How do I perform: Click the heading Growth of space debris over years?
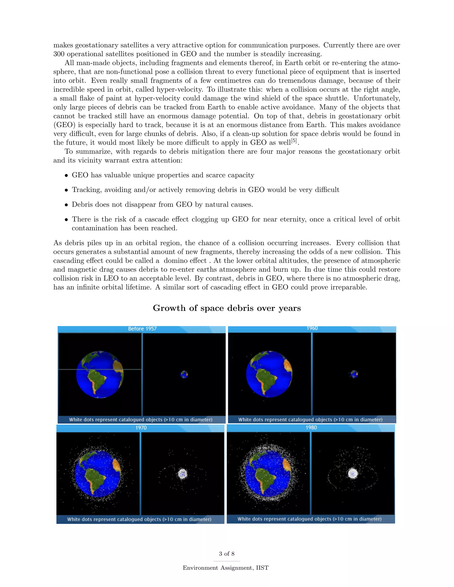pyautogui.click(x=227, y=308)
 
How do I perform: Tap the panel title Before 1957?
pyautogui.click(x=142, y=329)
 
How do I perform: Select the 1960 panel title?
pyautogui.click(x=312, y=328)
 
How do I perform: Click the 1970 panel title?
pyautogui.click(x=141, y=428)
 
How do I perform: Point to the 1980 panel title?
pyautogui.click(x=311, y=427)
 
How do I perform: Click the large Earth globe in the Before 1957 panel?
pyautogui.click(x=100, y=374)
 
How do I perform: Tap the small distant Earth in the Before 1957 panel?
pyautogui.click(x=184, y=374)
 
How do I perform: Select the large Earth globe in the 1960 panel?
pyautogui.click(x=269, y=374)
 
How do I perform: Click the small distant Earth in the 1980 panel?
pyautogui.click(x=353, y=473)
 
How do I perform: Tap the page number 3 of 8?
pyautogui.click(x=227, y=554)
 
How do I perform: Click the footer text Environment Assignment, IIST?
pyautogui.click(x=226, y=568)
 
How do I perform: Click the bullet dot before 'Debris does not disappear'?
pyautogui.click(x=66, y=205)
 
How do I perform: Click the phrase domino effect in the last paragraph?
pyautogui.click(x=185, y=261)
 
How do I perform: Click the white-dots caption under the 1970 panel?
pyautogui.click(x=139, y=519)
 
